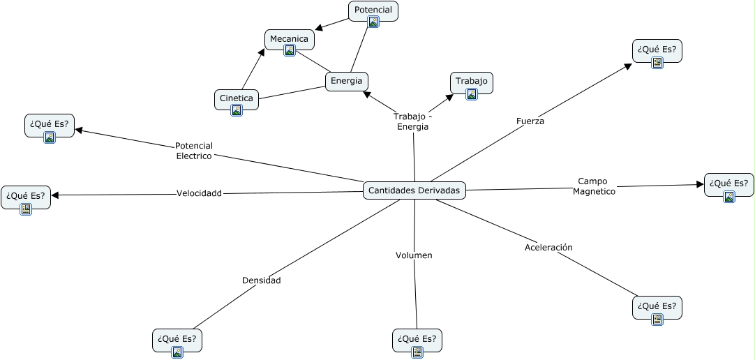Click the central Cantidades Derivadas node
point(414,190)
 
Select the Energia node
point(346,81)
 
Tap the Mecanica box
point(289,39)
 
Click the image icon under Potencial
point(373,22)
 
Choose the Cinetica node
point(236,98)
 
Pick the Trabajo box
point(471,82)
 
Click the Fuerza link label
point(530,121)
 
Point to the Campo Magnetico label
point(595,186)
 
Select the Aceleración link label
point(548,247)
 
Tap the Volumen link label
point(414,255)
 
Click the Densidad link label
point(261,280)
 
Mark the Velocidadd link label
point(199,193)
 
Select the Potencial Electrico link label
point(194,151)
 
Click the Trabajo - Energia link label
point(412,121)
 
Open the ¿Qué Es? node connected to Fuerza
point(657,51)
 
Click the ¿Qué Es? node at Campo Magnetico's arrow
point(728,184)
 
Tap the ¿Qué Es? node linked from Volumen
point(417,340)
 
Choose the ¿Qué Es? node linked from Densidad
point(177,340)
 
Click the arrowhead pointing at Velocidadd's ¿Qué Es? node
point(55,195)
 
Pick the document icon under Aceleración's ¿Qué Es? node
point(657,320)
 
